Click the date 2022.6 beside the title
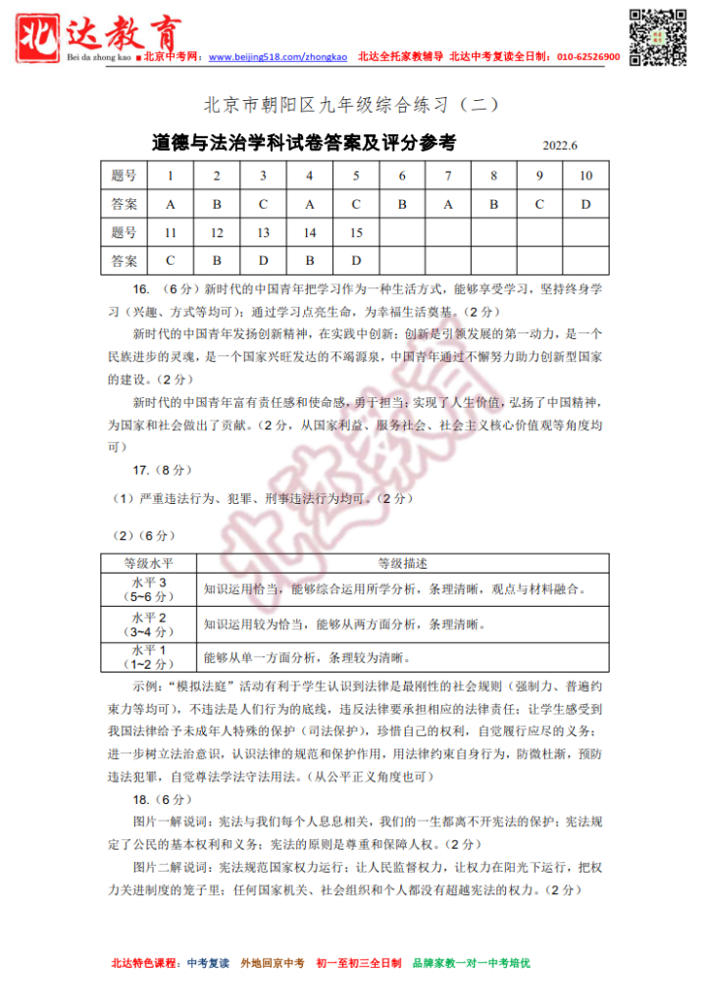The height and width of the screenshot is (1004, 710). pyautogui.click(x=561, y=146)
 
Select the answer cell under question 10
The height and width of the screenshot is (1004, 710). pyautogui.click(x=585, y=204)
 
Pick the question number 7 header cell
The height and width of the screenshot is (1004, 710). pyautogui.click(x=448, y=176)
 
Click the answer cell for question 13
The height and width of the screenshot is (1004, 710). pyautogui.click(x=263, y=261)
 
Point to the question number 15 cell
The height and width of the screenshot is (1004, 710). pyautogui.click(x=356, y=232)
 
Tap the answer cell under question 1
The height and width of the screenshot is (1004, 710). pyautogui.click(x=171, y=204)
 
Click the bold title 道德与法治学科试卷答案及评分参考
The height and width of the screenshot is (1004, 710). pyautogui.click(x=304, y=143)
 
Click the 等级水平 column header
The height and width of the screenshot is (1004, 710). pyautogui.click(x=148, y=564)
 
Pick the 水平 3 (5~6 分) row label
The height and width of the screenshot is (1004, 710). pyautogui.click(x=148, y=589)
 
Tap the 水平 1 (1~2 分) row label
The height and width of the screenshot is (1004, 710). pyautogui.click(x=148, y=656)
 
